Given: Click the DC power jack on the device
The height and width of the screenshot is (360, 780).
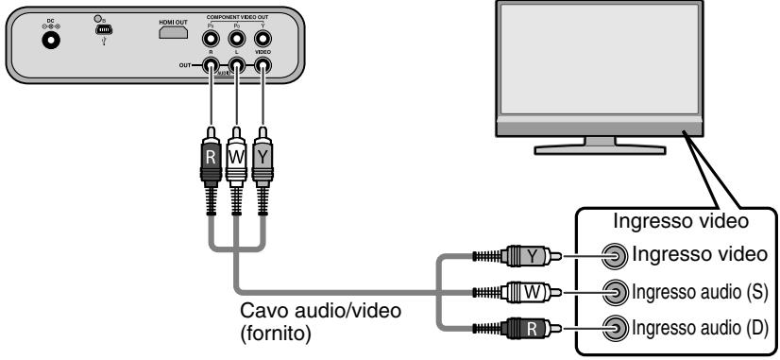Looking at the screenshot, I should [44, 40].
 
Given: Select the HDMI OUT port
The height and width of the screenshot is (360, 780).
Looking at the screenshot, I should [173, 34].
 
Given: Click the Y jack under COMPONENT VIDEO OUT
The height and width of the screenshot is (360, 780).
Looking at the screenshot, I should [262, 40].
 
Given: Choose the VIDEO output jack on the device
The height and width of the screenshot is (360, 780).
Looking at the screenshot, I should [262, 67].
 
